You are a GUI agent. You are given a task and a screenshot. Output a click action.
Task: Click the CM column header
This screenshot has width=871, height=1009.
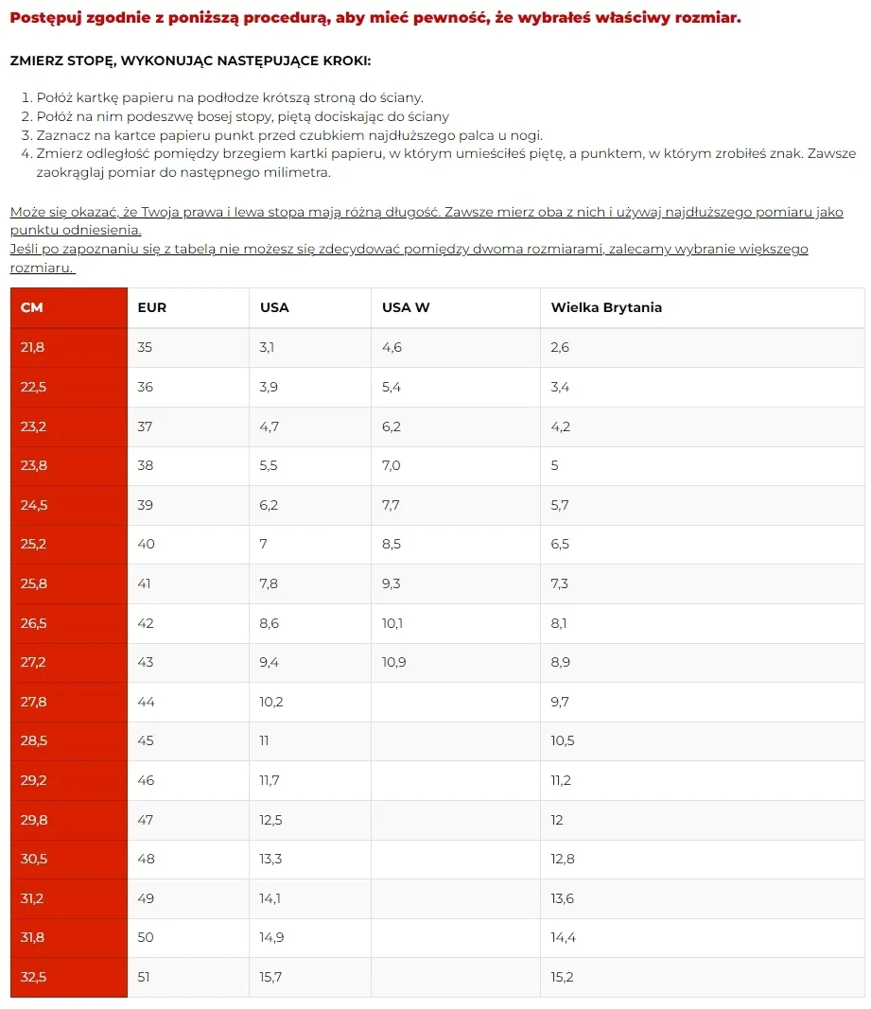[x=32, y=307]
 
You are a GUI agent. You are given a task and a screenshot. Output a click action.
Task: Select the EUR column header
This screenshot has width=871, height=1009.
[x=151, y=307]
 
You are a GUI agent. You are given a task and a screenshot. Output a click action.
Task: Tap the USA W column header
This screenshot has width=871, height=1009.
[x=406, y=307]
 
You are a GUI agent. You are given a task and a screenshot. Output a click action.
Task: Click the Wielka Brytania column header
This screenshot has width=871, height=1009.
[x=606, y=307]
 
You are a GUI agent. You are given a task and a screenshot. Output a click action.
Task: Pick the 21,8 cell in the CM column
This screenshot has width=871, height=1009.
[x=33, y=347]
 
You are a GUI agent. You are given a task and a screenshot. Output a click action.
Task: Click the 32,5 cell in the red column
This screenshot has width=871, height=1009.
[x=33, y=977]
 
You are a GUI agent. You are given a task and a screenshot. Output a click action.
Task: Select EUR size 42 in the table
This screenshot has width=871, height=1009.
[x=145, y=623]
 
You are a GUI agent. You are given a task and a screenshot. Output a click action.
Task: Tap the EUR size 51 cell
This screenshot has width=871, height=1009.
[x=145, y=977]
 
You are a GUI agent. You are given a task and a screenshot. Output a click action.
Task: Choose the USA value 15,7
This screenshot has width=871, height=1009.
[x=270, y=977]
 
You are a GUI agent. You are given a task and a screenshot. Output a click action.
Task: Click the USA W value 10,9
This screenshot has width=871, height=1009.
[x=394, y=662]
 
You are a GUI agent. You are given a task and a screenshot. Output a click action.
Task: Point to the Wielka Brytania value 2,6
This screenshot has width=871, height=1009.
[x=560, y=347]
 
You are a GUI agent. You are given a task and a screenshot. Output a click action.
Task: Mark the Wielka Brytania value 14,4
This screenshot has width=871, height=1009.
[x=563, y=937]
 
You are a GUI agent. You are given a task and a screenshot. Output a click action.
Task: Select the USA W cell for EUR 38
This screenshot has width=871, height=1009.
[x=392, y=465]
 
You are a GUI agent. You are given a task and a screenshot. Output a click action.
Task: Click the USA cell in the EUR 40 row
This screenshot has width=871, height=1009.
[x=264, y=544]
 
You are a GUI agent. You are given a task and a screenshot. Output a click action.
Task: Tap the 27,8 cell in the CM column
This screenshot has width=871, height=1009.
[x=33, y=702]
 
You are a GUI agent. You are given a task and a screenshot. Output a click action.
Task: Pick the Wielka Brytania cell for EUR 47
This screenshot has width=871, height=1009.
[x=557, y=820]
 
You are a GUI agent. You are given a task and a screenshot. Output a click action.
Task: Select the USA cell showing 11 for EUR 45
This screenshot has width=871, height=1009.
[x=264, y=740]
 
